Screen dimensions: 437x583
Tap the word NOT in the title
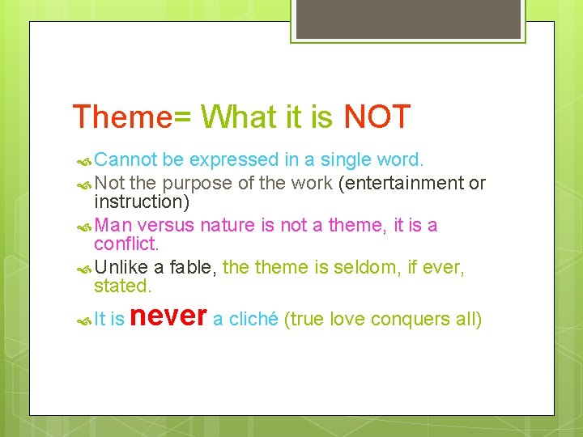[x=377, y=117]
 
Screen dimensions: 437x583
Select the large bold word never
[x=168, y=316]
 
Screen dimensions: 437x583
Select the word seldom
[x=348, y=266]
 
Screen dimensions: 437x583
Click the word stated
[x=122, y=285]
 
